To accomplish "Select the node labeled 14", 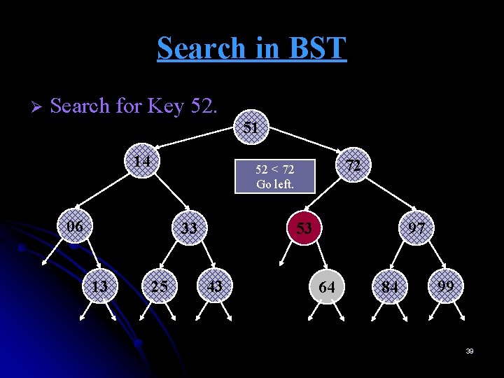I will [143, 162].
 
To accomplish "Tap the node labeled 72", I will [353, 165].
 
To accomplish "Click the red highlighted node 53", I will [304, 228].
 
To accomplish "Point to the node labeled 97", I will [417, 228].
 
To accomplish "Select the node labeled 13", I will [100, 286].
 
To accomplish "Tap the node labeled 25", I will [160, 286].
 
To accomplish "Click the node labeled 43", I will [215, 286].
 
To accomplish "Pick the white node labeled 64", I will [327, 287].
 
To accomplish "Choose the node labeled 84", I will [390, 287].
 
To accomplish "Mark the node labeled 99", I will [445, 286].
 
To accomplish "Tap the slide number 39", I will [470, 351].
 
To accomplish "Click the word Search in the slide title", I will [201, 48].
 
